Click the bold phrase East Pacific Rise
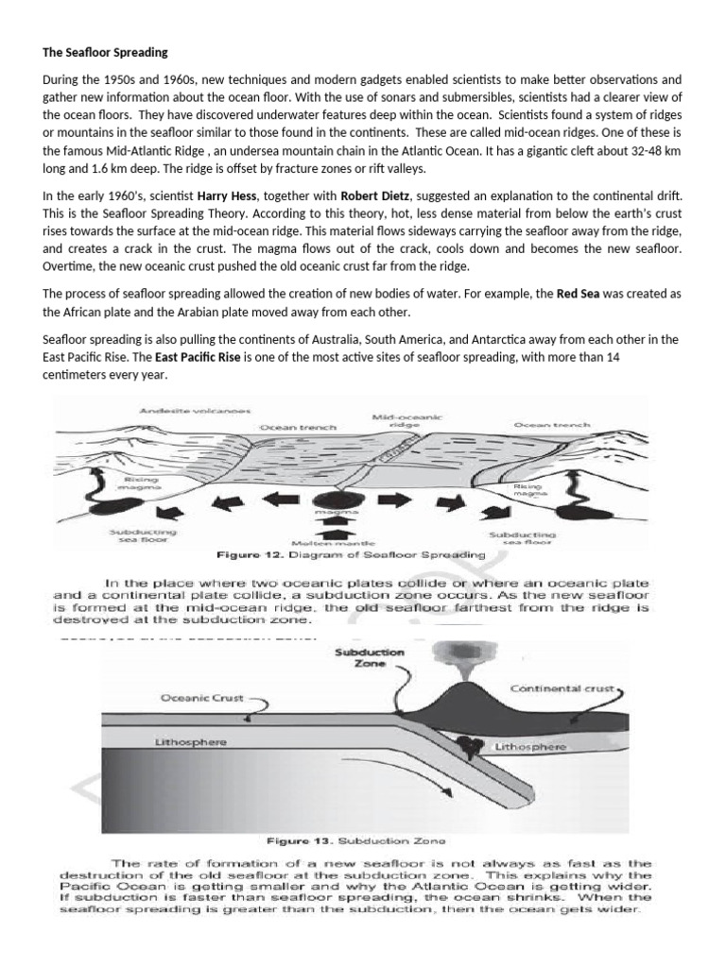(x=191, y=358)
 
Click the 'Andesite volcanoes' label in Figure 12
(x=181, y=411)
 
